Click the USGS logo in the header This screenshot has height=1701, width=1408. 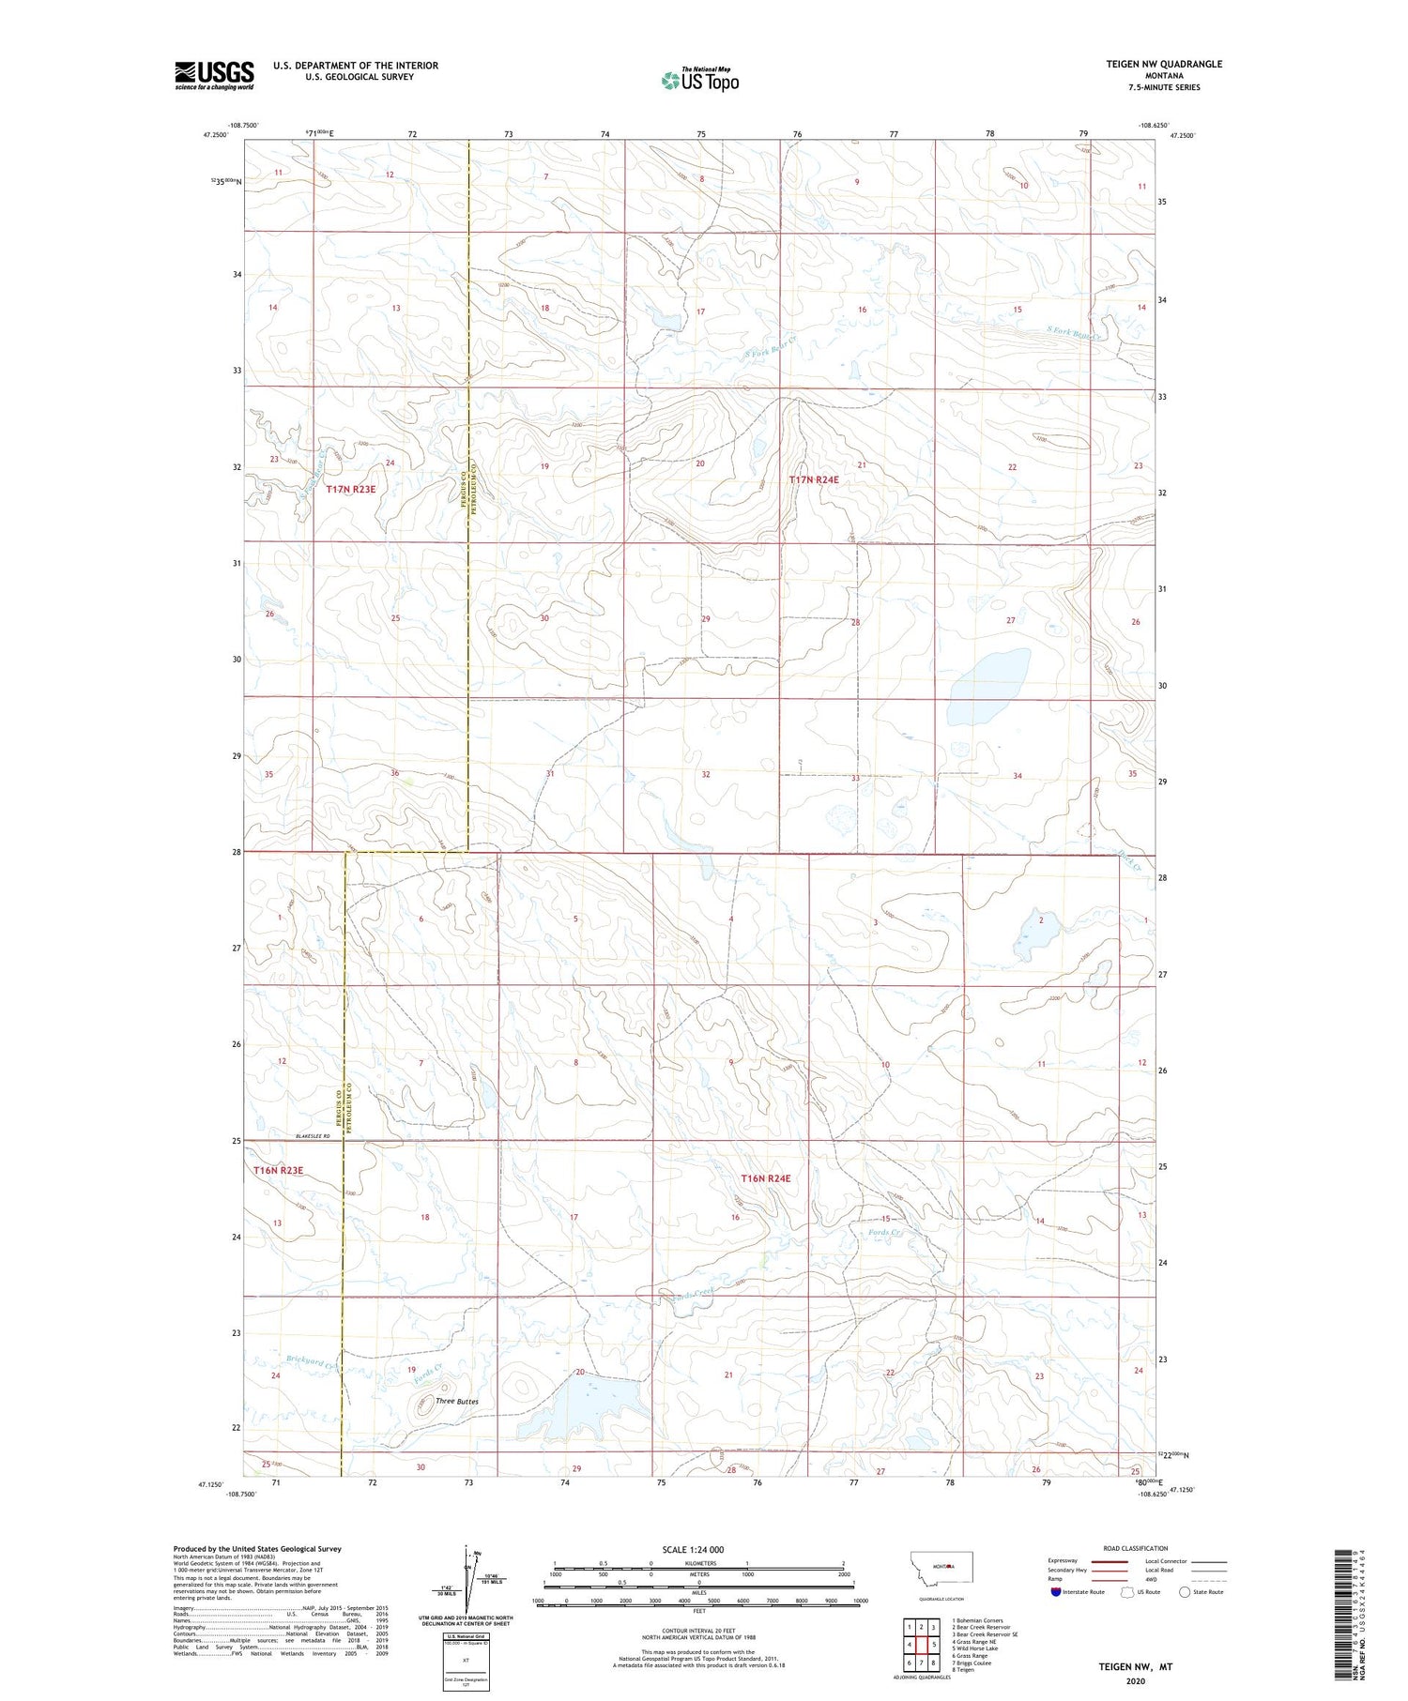click(214, 75)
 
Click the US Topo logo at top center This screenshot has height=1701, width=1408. click(699, 80)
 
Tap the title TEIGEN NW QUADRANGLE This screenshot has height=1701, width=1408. click(1164, 64)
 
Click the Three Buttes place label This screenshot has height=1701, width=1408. click(457, 1402)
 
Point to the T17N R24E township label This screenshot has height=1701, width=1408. click(813, 479)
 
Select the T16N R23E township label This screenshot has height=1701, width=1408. click(278, 1171)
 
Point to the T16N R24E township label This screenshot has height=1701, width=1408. click(766, 1178)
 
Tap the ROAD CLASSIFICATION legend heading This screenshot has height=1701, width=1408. click(1135, 1548)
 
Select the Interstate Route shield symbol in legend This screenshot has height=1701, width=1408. click(1056, 1592)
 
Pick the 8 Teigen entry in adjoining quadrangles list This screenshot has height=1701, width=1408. click(963, 1669)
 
